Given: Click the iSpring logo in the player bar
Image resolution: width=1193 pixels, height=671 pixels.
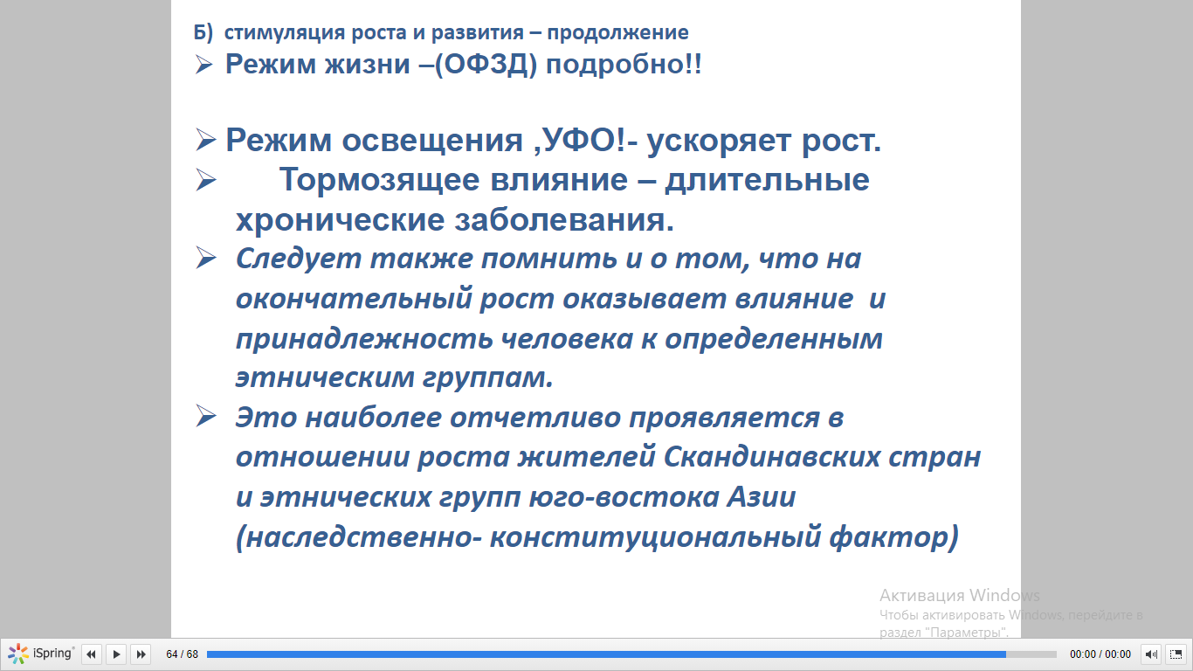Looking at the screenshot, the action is (x=41, y=654).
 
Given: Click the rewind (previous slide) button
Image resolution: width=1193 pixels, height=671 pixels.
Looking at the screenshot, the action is (x=91, y=654).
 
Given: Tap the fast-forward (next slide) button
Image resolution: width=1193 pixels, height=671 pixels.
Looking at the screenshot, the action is (x=141, y=654).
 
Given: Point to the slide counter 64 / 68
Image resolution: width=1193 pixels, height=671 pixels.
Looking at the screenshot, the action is (x=183, y=654).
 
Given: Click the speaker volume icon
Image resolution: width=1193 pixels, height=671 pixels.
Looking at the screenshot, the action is (x=1151, y=654).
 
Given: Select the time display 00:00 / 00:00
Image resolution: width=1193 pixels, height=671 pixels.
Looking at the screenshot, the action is (x=1100, y=654).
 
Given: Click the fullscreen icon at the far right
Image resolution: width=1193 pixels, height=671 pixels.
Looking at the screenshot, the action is (x=1176, y=654).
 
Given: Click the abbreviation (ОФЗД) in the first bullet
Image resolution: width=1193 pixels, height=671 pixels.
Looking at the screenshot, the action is (x=486, y=65).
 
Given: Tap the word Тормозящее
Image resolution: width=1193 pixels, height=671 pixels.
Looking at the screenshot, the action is (x=379, y=180).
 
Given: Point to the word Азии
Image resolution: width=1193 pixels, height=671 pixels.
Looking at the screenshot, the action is (x=762, y=497).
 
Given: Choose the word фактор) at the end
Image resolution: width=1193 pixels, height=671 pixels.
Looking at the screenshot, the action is (x=893, y=536).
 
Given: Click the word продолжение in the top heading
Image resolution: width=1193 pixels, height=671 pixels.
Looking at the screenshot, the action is (x=617, y=33).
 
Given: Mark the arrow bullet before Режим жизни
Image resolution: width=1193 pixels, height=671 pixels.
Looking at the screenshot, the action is (x=203, y=65).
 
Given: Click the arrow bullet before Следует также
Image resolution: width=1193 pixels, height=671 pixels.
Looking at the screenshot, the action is (x=205, y=258).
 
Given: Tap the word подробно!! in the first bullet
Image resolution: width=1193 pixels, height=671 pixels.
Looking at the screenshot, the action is (x=624, y=65).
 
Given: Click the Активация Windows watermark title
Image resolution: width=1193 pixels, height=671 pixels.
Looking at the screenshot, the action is (x=959, y=595).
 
